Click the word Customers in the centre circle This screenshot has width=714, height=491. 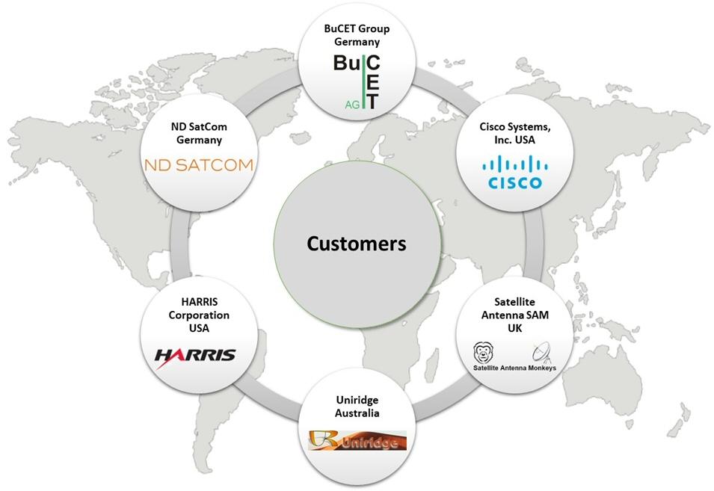pos(357,244)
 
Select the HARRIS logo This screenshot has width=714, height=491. pos(195,355)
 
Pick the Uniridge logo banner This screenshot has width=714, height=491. pos(357,441)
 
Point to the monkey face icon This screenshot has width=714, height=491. pos(484,351)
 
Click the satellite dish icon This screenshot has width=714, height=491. pos(541,351)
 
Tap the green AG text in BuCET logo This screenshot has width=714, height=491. pos(351,105)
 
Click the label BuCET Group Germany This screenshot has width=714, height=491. pos(357,35)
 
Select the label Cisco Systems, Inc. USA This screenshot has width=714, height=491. pos(514,133)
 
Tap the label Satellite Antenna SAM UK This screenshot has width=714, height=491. pos(515,316)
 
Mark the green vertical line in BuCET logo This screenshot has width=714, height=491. pos(364,82)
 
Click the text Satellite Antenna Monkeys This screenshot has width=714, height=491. pos(515,368)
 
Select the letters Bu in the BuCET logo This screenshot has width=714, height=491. pos(347,65)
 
